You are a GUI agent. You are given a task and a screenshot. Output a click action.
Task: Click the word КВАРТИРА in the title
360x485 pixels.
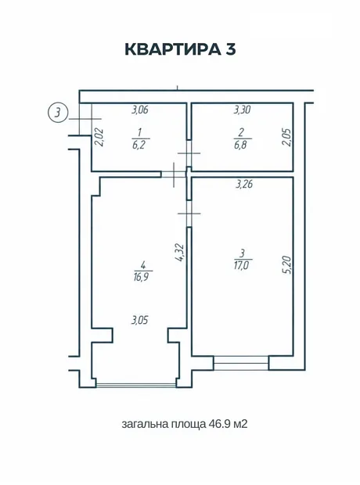point(171,49)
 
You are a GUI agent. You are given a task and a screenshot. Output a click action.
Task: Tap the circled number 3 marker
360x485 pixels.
point(58,113)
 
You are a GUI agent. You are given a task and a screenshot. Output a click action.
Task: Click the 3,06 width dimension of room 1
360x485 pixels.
point(140,110)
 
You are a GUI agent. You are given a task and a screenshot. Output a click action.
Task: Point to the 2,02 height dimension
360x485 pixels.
point(99,137)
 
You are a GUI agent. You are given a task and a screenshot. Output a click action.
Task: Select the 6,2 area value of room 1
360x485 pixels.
point(139,145)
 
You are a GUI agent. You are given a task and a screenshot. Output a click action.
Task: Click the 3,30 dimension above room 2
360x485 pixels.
point(242,110)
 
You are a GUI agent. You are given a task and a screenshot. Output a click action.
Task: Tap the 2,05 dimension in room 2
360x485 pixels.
point(286,138)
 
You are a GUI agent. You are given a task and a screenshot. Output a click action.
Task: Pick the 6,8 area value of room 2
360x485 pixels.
point(240,145)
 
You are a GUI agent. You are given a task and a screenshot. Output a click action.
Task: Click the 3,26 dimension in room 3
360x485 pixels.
point(244,185)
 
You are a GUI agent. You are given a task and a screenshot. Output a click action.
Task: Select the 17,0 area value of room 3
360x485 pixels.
point(242,265)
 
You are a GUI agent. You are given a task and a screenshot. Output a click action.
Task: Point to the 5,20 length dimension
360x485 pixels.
point(287,264)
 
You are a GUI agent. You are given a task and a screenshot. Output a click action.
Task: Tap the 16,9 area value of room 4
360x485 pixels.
point(141,276)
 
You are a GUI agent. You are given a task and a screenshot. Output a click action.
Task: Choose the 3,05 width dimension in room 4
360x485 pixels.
point(140,320)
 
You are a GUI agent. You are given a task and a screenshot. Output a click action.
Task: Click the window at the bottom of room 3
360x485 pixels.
point(241,363)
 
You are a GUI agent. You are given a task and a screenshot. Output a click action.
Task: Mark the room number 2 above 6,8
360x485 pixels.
point(241,132)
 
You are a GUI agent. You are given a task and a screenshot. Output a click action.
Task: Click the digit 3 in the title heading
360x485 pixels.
point(230,49)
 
